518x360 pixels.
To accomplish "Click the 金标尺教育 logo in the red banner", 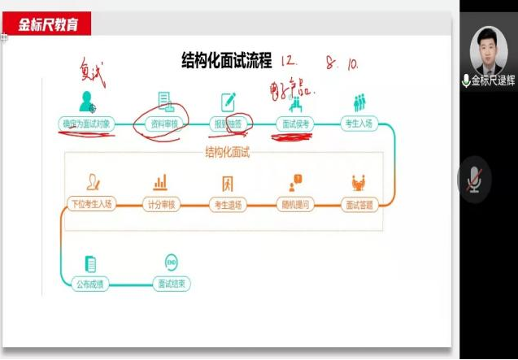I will pyautogui.click(x=49, y=24).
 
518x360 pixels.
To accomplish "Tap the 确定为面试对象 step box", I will pyautogui.click(x=85, y=124).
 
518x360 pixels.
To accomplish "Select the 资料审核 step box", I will pyautogui.click(x=164, y=124).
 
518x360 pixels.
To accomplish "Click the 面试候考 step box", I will pyautogui.click(x=296, y=124).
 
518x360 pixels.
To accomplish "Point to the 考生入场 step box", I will pyautogui.click(x=359, y=124).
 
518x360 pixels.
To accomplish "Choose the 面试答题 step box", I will pyautogui.click(x=359, y=204).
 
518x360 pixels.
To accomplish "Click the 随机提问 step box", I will pyautogui.click(x=294, y=204).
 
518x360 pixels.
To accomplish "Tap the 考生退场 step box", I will pyautogui.click(x=228, y=204).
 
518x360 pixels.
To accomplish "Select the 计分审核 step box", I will pyautogui.click(x=160, y=204).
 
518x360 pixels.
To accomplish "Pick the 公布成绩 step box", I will pyautogui.click(x=90, y=284).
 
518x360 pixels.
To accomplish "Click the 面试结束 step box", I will pyautogui.click(x=171, y=284).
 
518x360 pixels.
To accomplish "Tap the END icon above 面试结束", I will pyautogui.click(x=171, y=262).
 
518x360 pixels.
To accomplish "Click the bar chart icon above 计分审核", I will pyautogui.click(x=160, y=182).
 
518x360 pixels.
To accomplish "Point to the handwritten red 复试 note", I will pyautogui.click(x=93, y=68).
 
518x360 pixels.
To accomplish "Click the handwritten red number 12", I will pyautogui.click(x=289, y=61).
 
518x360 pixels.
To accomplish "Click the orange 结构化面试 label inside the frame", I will pyautogui.click(x=227, y=152).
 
